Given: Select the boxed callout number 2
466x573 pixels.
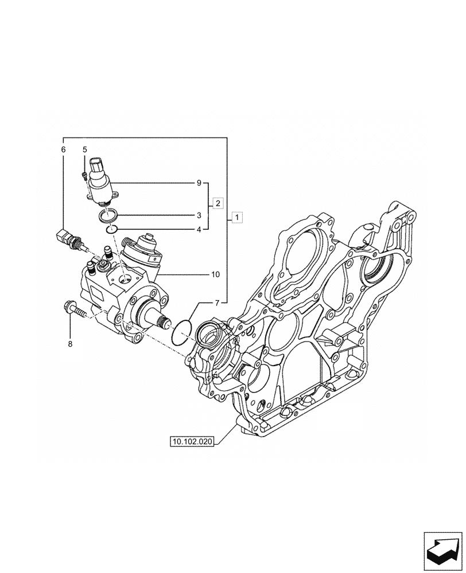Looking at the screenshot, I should (x=218, y=203).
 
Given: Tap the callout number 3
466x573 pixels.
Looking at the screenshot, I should (x=199, y=216).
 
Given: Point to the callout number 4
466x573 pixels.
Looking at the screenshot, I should (x=199, y=229).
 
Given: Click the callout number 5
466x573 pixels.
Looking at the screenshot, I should (x=84, y=150).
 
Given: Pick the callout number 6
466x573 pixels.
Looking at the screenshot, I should (x=63, y=150).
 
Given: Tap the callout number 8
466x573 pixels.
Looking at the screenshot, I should (x=70, y=345).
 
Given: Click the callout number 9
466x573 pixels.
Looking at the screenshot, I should (x=199, y=184).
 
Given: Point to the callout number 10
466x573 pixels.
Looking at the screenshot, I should (x=215, y=275).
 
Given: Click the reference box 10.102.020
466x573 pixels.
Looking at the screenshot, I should (x=191, y=441).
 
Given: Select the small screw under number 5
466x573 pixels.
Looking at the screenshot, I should (x=85, y=175).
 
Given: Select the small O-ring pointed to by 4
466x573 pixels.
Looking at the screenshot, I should (x=111, y=230).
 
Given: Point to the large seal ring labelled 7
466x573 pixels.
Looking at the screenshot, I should (x=182, y=332).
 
